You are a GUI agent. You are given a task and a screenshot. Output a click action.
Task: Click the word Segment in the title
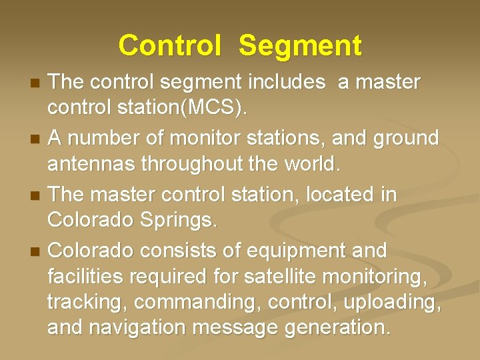coord(300,46)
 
